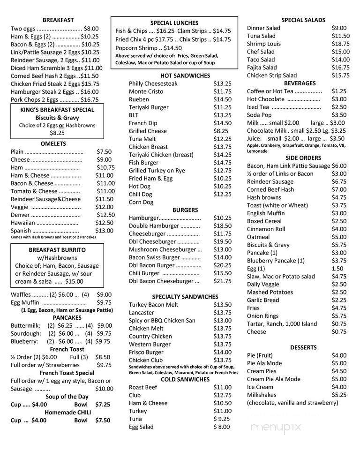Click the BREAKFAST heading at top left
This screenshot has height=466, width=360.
point(58,20)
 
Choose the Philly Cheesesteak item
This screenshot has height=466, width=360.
point(153,83)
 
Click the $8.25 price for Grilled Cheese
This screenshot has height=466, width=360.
point(221,131)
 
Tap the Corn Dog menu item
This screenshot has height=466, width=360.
point(141,202)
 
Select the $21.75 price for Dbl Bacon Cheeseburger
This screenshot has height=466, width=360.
point(222,281)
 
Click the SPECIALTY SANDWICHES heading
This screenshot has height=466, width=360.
point(185,297)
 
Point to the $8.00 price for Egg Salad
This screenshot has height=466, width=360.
point(222,427)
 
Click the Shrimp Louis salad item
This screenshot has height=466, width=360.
point(264,44)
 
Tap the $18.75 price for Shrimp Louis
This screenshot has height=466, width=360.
point(340,44)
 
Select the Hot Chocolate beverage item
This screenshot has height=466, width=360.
point(266,99)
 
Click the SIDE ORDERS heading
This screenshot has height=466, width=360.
point(302,158)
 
